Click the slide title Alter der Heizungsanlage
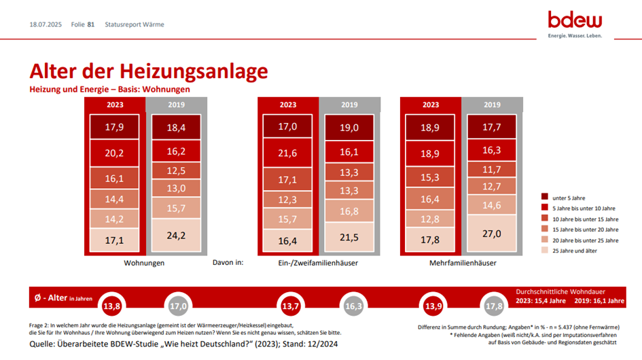pyautogui.click(x=148, y=72)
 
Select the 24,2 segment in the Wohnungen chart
pyautogui.click(x=177, y=236)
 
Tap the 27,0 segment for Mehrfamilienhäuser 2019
pyautogui.click(x=491, y=233)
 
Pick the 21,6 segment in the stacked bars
pyautogui.click(x=288, y=154)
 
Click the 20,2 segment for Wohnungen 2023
pyautogui.click(x=115, y=154)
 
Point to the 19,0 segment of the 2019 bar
pyautogui.click(x=349, y=126)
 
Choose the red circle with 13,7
pyautogui.click(x=291, y=306)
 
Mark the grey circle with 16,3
pyautogui.click(x=353, y=306)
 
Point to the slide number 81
pyautogui.click(x=91, y=24)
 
